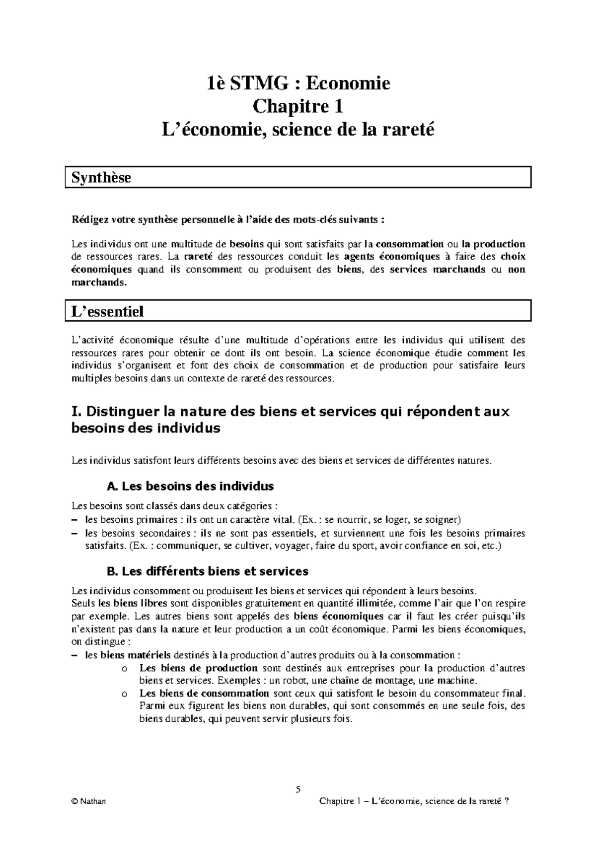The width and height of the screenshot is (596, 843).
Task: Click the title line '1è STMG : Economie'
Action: (298, 83)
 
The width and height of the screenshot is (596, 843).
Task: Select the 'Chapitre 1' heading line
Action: (298, 107)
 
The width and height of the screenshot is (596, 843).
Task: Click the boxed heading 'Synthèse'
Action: (101, 178)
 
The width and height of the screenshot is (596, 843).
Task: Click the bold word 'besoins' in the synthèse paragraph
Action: (247, 244)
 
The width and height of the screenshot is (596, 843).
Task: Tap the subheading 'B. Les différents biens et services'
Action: (208, 571)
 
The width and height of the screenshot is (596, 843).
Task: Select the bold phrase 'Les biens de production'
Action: (198, 668)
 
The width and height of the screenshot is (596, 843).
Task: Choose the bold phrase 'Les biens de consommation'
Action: (204, 694)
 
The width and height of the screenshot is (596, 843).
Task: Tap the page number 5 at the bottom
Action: (298, 790)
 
